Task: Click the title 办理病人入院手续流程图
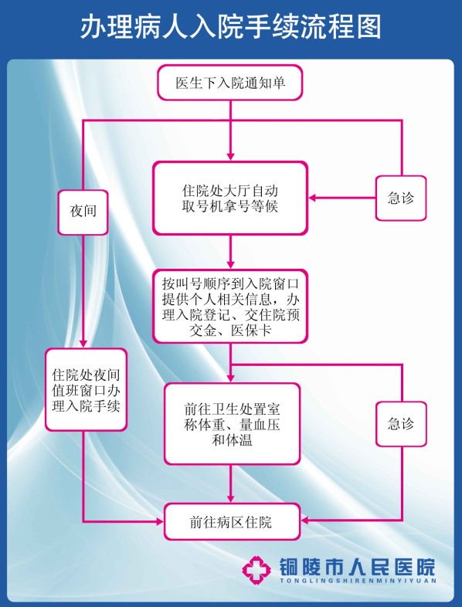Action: (231, 27)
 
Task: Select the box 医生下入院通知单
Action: (230, 83)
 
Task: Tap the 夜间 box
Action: (83, 212)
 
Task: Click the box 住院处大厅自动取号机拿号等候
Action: (230, 198)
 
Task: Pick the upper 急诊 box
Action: (401, 198)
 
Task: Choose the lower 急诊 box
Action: (401, 424)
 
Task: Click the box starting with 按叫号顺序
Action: (230, 307)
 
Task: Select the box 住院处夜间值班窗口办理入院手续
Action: (86, 390)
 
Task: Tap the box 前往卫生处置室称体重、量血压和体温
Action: (232, 424)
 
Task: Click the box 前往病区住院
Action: (232, 522)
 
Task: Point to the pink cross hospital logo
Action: (256, 570)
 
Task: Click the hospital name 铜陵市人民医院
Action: (357, 567)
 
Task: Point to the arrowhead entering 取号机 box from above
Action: (230, 157)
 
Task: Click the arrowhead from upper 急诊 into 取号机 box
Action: (313, 198)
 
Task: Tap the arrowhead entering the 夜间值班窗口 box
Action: (83, 344)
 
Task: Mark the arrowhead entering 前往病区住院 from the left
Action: (160, 522)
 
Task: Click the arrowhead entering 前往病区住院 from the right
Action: (305, 521)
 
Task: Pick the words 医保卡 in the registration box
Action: (251, 331)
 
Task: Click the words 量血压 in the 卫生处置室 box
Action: (260, 425)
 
